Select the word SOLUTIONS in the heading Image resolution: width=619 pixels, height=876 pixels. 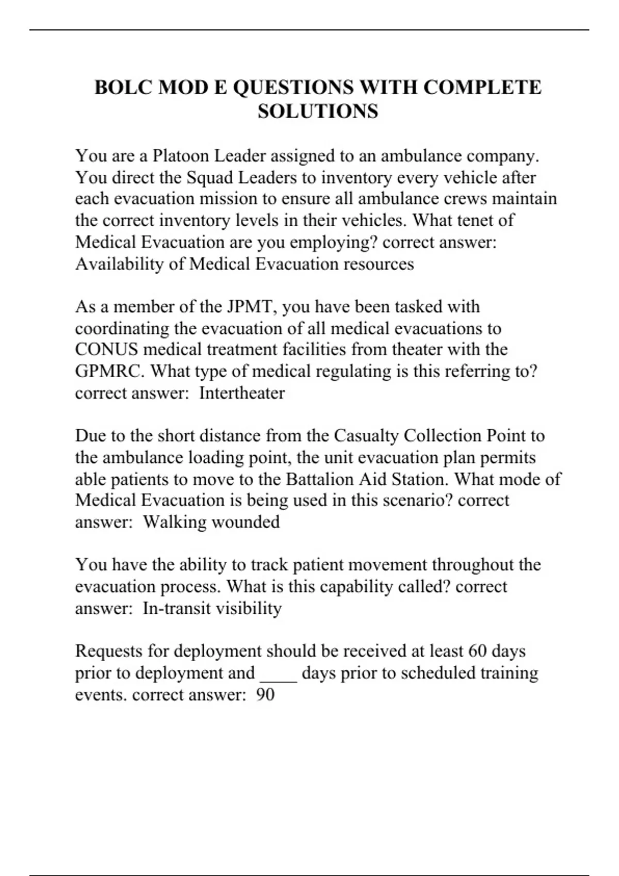coord(318,111)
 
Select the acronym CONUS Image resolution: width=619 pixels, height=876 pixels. coord(106,349)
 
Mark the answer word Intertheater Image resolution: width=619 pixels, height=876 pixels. coord(241,393)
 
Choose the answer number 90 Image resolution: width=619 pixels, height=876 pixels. coord(265,695)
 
